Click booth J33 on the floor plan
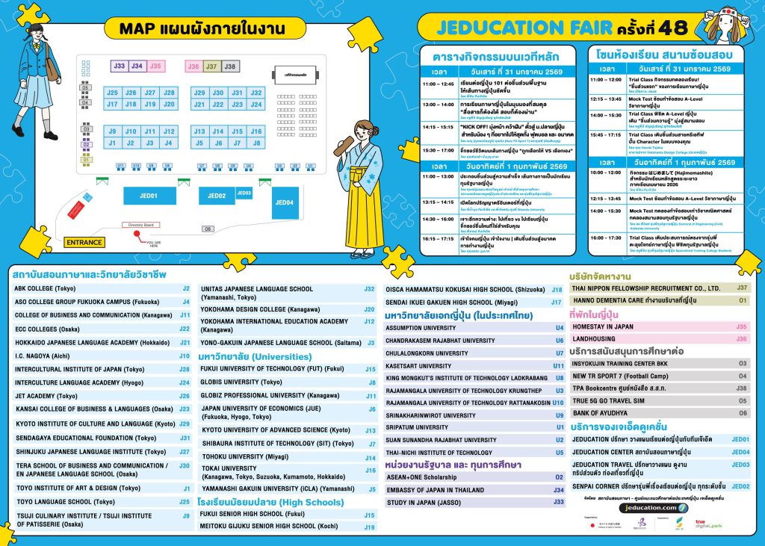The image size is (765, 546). [119, 66]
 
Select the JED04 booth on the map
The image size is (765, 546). [284, 202]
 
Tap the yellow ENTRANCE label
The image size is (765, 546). [84, 243]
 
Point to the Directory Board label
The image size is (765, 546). [140, 224]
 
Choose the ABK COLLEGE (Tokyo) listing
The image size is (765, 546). [45, 288]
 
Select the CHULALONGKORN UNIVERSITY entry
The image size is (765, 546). [427, 353]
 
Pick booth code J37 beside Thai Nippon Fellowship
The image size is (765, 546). [741, 288]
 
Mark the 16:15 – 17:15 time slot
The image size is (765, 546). [438, 239]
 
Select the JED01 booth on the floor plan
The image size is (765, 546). [149, 196]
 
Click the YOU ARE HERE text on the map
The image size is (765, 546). [154, 243]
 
